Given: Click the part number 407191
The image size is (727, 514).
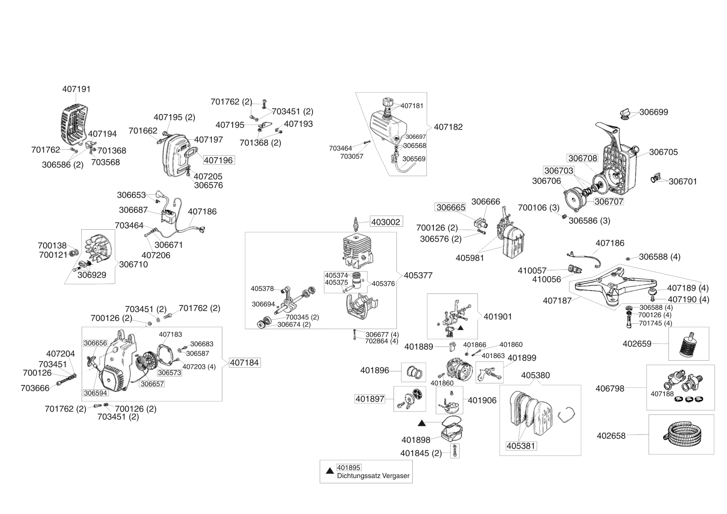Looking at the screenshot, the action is [76, 89].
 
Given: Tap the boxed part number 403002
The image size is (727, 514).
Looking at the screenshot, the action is [386, 222].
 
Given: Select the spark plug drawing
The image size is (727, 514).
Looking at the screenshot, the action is [355, 224].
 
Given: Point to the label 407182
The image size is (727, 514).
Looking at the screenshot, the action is [448, 127].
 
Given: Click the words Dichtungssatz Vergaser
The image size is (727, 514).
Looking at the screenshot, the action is [373, 476].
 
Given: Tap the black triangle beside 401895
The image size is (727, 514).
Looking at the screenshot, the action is [330, 471].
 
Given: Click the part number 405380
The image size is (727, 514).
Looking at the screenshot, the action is [535, 375].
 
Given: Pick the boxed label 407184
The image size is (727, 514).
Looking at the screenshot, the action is [245, 363].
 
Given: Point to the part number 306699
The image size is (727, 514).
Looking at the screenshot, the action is [654, 112].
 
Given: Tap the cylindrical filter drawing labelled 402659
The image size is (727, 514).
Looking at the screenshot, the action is [689, 344].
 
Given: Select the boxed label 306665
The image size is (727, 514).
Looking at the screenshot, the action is [450, 207].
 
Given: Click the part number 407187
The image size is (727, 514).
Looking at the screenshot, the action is [557, 301].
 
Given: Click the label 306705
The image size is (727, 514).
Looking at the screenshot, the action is [664, 152].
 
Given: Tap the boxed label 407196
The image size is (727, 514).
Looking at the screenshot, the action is [219, 160].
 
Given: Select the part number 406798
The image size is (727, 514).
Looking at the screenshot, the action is [610, 388].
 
